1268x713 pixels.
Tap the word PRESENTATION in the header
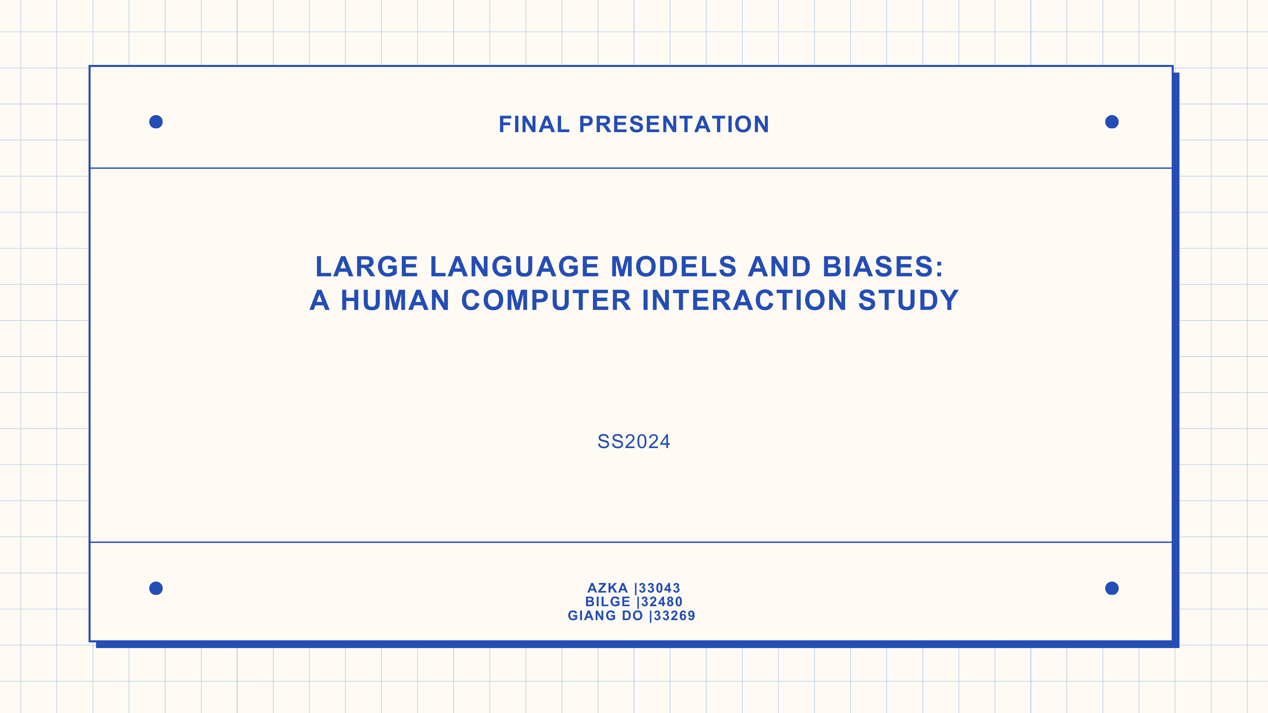[674, 125]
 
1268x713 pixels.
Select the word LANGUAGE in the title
[514, 267]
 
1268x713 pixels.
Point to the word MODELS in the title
[673, 267]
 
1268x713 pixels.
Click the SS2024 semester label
[633, 442]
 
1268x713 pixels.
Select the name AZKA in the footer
[607, 588]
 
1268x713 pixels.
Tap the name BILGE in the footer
[607, 602]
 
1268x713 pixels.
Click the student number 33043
[660, 588]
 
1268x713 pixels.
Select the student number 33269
[674, 616]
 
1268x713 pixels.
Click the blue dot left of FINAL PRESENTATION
[156, 122]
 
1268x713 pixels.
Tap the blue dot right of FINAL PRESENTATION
[1112, 122]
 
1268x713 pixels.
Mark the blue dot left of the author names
[156, 588]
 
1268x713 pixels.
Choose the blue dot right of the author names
[1112, 588]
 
